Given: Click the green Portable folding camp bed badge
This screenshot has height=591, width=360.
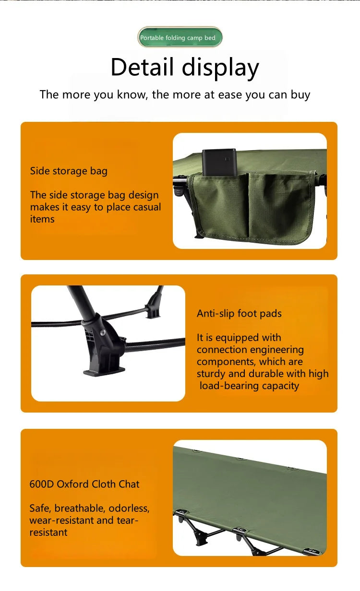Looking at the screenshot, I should [x=180, y=37].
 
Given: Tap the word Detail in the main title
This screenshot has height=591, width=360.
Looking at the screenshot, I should [x=142, y=67].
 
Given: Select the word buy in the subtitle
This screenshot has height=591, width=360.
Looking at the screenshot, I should [x=300, y=95].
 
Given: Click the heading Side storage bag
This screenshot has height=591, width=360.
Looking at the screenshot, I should [x=69, y=171].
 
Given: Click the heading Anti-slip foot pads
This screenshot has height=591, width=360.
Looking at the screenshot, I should [x=239, y=314].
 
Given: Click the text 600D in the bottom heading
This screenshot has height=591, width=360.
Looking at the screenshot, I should [x=42, y=484].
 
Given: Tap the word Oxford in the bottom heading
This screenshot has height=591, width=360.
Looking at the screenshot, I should [x=72, y=484].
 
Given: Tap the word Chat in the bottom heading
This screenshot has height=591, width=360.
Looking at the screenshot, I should [x=129, y=484].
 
